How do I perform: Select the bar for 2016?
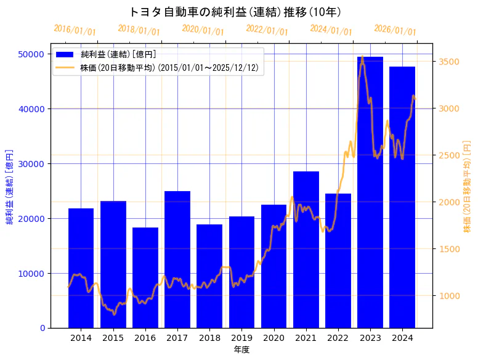pos(145,277)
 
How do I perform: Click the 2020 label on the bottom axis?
pos(273,338)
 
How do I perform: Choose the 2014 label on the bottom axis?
pos(81,338)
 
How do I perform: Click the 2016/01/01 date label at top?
pos(75,30)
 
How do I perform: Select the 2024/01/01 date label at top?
pos(331,30)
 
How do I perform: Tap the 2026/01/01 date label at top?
pos(395,30)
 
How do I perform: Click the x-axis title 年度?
pos(241,350)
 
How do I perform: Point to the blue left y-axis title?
pos(9,186)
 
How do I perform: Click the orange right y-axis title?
pos(467,186)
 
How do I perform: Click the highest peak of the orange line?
pos(362,57)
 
